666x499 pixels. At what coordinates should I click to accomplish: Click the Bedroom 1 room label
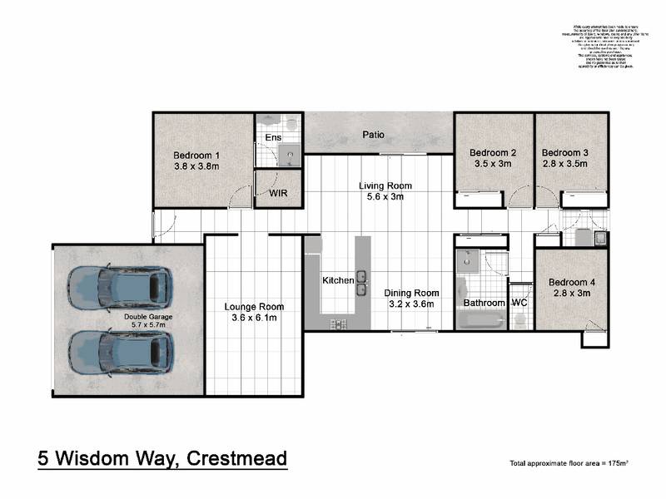[x=196, y=155]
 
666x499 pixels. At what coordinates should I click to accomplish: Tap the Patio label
[x=373, y=135]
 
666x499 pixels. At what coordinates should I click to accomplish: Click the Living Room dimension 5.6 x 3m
[x=385, y=197]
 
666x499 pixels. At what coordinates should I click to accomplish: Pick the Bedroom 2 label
[x=493, y=153]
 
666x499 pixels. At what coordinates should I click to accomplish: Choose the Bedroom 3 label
[x=565, y=153]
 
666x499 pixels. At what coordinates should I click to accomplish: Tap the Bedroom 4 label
[x=572, y=283]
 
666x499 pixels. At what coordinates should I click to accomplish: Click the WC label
[x=519, y=303]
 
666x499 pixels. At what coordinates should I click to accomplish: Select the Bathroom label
[x=485, y=303]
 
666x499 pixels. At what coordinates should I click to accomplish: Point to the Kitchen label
[x=339, y=281]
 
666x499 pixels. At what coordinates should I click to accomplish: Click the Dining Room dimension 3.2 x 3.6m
[x=411, y=304]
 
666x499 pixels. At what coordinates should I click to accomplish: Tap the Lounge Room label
[x=254, y=307]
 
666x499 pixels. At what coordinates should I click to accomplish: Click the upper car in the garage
[x=121, y=287]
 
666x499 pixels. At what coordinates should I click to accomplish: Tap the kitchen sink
[x=362, y=279]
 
